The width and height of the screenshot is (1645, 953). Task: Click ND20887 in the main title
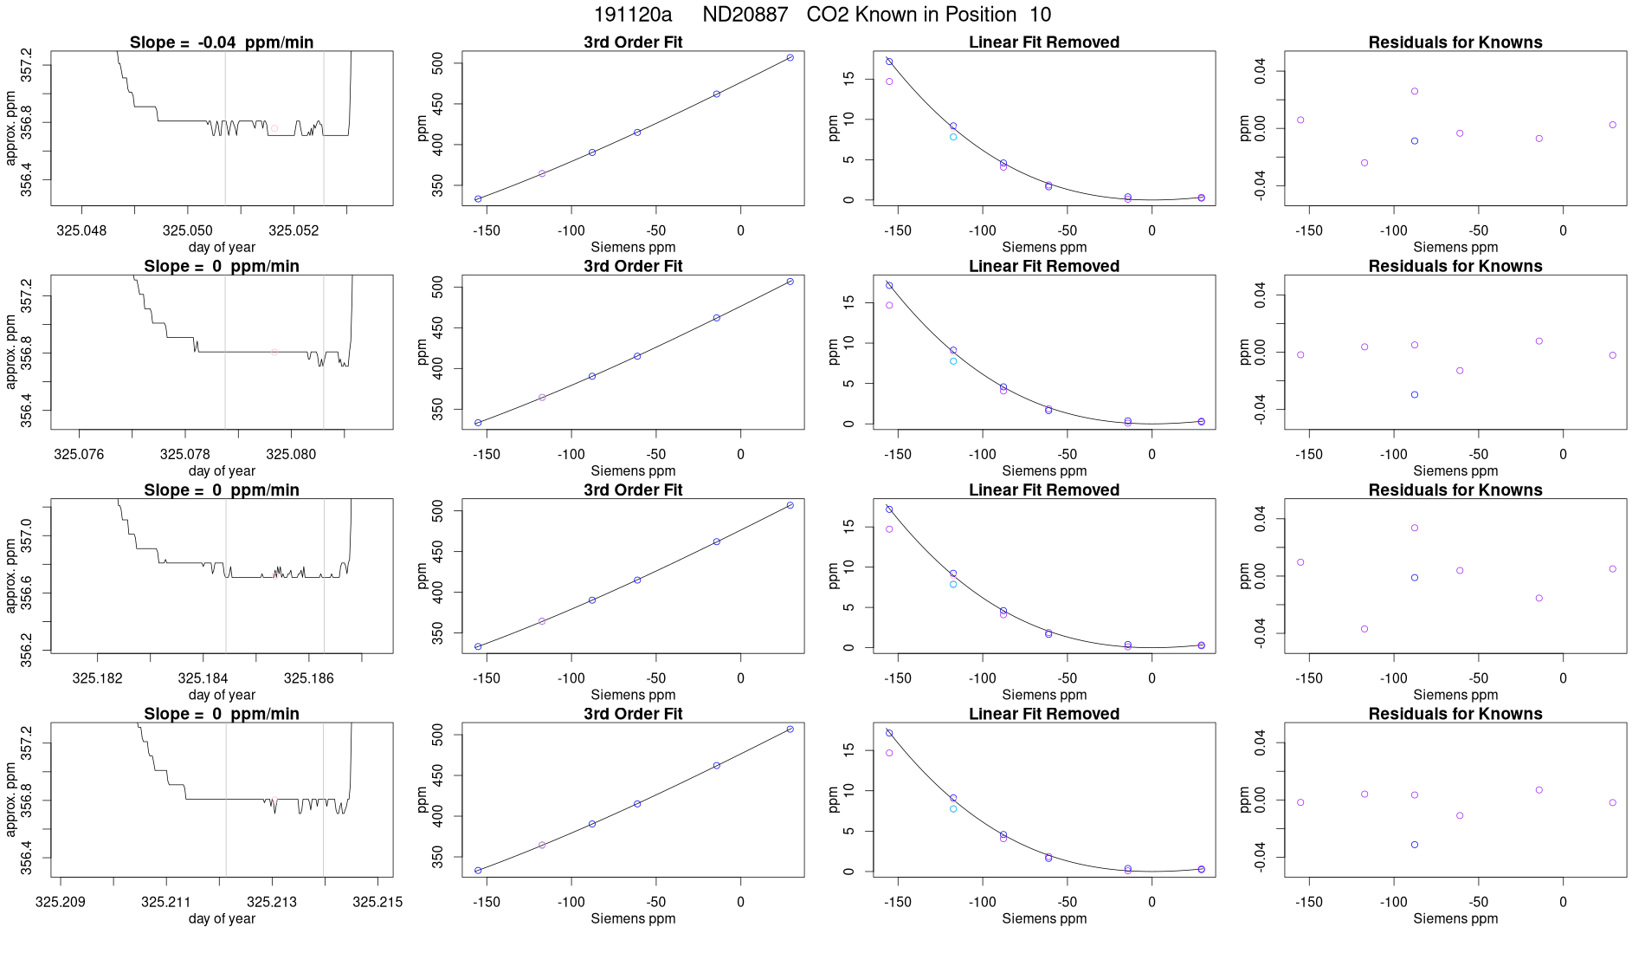pos(745,15)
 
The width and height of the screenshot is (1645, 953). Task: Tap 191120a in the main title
pos(632,15)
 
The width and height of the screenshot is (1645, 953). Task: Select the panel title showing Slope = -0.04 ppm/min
pos(222,42)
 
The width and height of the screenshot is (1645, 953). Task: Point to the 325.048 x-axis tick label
pos(81,230)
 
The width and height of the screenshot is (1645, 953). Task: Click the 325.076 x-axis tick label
pos(79,454)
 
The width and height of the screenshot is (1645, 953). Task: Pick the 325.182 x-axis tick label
pos(97,678)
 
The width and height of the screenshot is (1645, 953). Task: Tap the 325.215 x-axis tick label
pos(377,902)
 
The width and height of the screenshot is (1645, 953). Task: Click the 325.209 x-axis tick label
pos(61,902)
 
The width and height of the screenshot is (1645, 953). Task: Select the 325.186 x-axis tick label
pos(308,678)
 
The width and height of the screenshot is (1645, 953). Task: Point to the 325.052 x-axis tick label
pos(294,230)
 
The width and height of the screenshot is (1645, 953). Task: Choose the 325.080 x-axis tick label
pos(291,454)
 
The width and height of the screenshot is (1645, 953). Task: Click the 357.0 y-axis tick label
pos(26,535)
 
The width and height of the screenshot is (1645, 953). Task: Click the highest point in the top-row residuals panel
pos(1415,91)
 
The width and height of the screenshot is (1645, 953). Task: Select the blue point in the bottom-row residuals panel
pos(1415,845)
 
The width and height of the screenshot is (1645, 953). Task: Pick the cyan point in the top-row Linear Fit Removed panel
pos(953,137)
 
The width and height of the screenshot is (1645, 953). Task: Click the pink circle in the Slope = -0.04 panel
pos(274,128)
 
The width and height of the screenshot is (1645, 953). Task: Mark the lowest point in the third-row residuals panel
pos(1364,629)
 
